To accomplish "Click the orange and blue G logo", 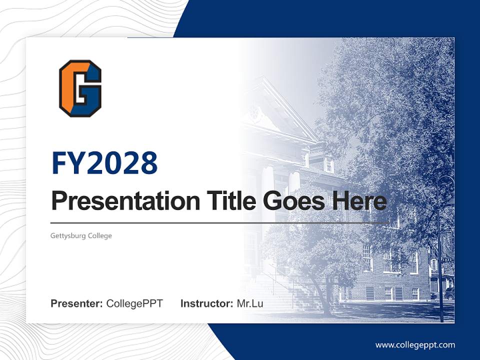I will pos(80,88).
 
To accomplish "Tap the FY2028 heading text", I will pos(104,163).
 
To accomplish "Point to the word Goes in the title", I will pos(291,201).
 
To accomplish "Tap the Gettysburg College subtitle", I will pos(81,235).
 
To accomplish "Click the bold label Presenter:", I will pos(77,303).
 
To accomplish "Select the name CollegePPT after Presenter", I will pos(134,303).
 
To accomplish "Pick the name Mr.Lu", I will pos(250,303).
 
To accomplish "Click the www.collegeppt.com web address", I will pos(415,345).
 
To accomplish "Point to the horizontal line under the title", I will pos(220,223).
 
